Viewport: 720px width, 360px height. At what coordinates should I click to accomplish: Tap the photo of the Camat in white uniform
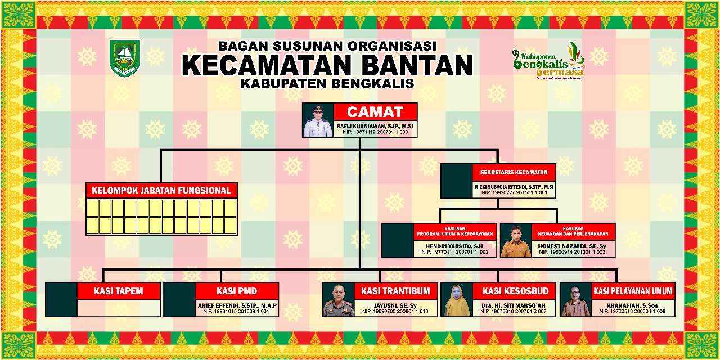tap(318, 120)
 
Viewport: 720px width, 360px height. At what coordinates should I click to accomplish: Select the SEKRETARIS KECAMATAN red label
tap(515, 172)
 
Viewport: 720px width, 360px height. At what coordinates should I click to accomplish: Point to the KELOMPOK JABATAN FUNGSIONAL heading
tap(161, 191)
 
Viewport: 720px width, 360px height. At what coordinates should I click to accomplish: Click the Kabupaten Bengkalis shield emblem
tap(124, 57)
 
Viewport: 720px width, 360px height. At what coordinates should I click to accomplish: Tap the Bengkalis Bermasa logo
tap(548, 60)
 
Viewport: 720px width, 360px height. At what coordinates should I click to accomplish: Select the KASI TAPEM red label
tap(118, 291)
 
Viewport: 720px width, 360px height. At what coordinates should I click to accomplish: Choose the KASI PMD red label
tap(237, 291)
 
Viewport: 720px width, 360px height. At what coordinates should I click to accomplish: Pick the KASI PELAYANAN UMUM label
tap(633, 291)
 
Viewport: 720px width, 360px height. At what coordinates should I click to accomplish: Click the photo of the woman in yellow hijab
tap(457, 300)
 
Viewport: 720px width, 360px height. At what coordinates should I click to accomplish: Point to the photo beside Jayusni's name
tap(338, 300)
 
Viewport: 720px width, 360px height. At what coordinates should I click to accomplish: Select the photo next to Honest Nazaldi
tap(516, 241)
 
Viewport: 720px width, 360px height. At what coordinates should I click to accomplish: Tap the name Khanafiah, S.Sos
tap(633, 305)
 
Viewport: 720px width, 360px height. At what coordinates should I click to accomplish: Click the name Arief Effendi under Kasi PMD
tap(237, 305)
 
